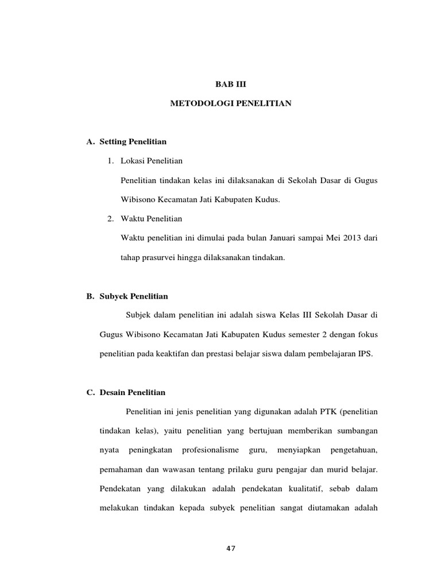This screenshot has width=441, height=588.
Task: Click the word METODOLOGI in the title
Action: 197,104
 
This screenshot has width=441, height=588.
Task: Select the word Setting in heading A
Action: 113,141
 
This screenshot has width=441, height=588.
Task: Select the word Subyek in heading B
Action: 114,296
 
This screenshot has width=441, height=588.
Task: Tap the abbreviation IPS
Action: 365,354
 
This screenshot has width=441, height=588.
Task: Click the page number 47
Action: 230,548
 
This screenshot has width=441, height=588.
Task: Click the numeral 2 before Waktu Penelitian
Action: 110,219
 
